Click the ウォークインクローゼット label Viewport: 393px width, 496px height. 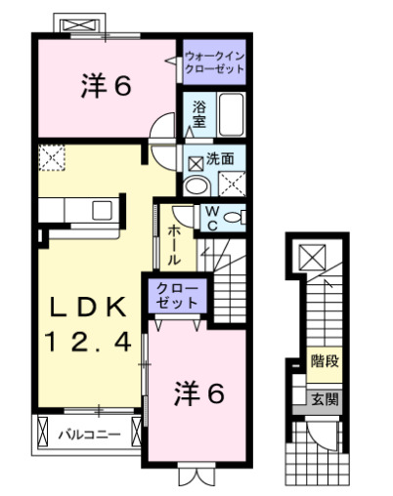tap(214, 62)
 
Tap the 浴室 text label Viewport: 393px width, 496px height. tap(197, 113)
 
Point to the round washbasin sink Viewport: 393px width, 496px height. tap(196, 185)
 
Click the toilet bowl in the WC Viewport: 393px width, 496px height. tap(235, 218)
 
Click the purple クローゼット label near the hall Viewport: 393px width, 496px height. tap(177, 296)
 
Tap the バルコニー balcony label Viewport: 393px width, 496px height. tap(87, 431)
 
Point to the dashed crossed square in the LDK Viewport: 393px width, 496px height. tap(51, 157)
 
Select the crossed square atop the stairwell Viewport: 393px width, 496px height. tap(314, 258)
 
